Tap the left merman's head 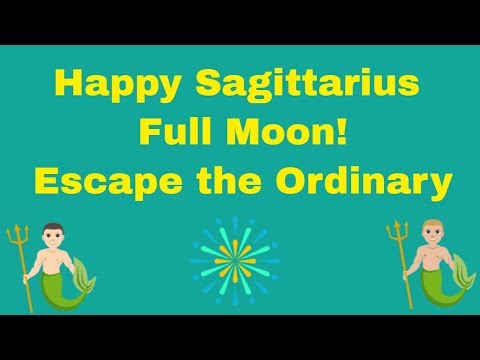(x=47, y=238)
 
